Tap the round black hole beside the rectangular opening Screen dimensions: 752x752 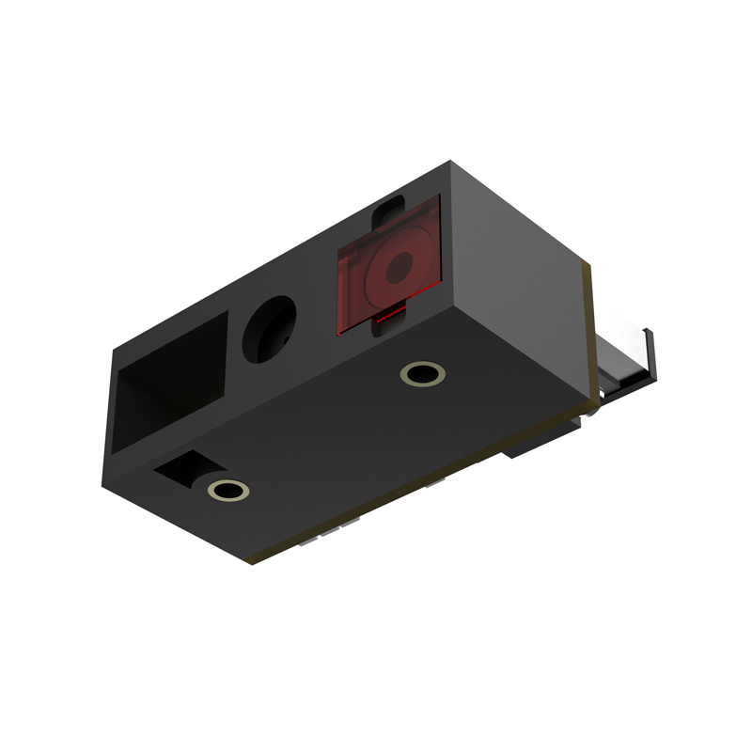pyautogui.click(x=269, y=328)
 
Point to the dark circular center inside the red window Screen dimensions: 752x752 pyautogui.click(x=400, y=263)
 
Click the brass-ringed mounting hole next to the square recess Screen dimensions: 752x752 pyautogui.click(x=228, y=489)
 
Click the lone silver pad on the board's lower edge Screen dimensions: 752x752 pyautogui.click(x=434, y=485)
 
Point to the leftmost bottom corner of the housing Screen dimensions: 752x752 pyautogui.click(x=103, y=485)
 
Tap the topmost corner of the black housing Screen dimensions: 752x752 pyautogui.click(x=451, y=163)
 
